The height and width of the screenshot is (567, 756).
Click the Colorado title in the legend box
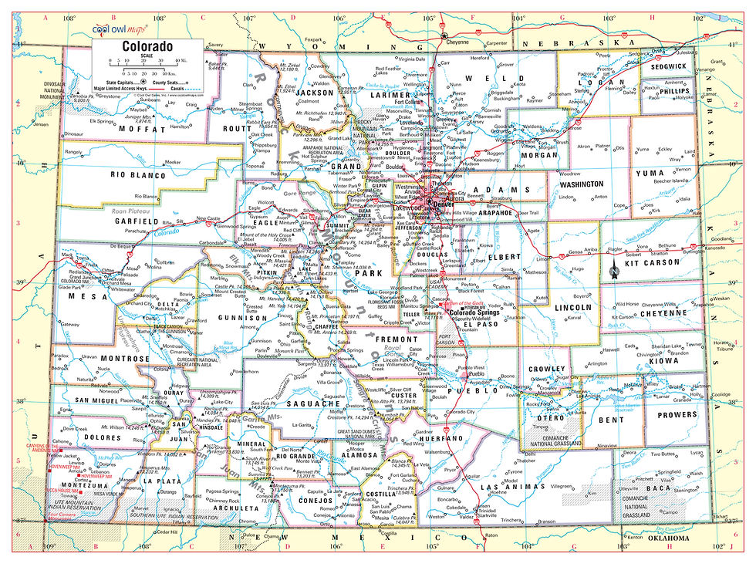pyautogui.click(x=147, y=46)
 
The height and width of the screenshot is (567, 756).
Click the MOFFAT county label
pyautogui.click(x=137, y=130)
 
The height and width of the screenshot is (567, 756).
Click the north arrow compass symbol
pyautogui.click(x=614, y=269)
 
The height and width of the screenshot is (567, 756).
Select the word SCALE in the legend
pyautogui.click(x=147, y=56)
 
